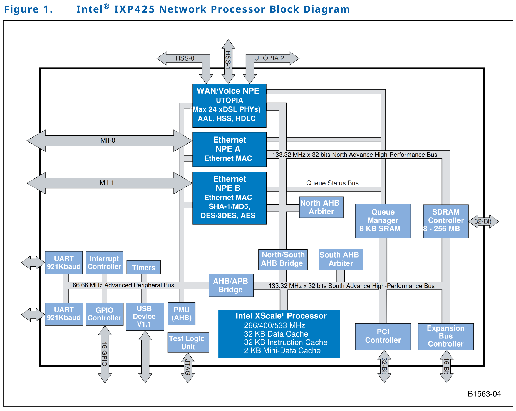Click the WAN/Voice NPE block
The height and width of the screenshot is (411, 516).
(x=229, y=106)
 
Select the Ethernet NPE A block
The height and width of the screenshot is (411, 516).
(x=229, y=149)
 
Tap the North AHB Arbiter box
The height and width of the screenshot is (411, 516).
(x=321, y=207)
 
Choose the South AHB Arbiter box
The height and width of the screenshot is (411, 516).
(x=341, y=259)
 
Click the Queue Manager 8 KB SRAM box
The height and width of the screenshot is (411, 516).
(x=383, y=221)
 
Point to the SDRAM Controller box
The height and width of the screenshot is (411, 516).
(x=446, y=221)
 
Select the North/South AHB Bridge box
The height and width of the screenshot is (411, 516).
(x=283, y=259)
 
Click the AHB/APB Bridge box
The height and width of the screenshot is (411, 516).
(x=231, y=285)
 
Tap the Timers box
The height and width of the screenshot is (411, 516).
(x=143, y=267)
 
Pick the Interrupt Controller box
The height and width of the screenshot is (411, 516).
(x=104, y=263)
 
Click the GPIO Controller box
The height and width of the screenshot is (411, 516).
(x=105, y=314)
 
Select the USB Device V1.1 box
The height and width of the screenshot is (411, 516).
(x=145, y=317)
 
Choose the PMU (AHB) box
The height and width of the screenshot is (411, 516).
(x=182, y=314)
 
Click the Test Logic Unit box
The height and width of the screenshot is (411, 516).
(x=188, y=342)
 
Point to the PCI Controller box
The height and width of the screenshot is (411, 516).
(x=383, y=336)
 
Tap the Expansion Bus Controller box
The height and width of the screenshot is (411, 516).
(x=446, y=336)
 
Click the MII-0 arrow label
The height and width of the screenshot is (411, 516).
(x=108, y=140)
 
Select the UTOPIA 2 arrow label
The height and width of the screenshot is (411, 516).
(x=269, y=58)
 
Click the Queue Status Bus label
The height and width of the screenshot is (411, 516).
(x=332, y=183)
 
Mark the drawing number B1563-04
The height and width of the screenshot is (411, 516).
(x=484, y=394)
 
